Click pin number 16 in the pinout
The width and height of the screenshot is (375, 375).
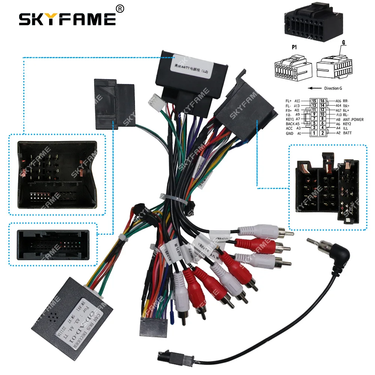click(322, 101)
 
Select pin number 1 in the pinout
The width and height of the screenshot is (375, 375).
click(314, 133)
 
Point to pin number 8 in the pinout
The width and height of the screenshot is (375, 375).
click(322, 120)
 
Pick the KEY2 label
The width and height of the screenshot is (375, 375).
click(347, 124)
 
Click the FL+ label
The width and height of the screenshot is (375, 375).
click(289, 101)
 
